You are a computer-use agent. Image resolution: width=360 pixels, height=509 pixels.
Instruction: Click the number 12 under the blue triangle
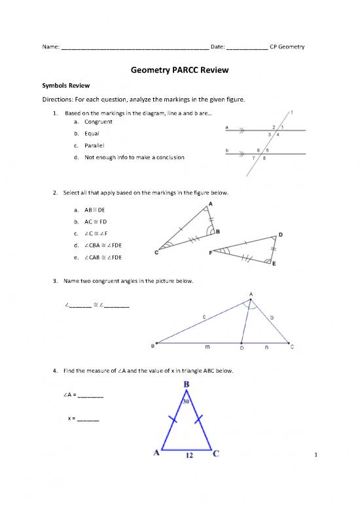tap(188, 459)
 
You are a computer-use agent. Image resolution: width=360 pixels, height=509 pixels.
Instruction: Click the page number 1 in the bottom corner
tap(315, 455)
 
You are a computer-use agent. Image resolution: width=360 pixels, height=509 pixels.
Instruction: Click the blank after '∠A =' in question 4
tap(91, 396)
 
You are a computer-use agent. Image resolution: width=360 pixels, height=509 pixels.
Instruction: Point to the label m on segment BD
tap(207, 347)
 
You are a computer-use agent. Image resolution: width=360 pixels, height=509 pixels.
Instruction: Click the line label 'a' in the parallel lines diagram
tap(226, 127)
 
